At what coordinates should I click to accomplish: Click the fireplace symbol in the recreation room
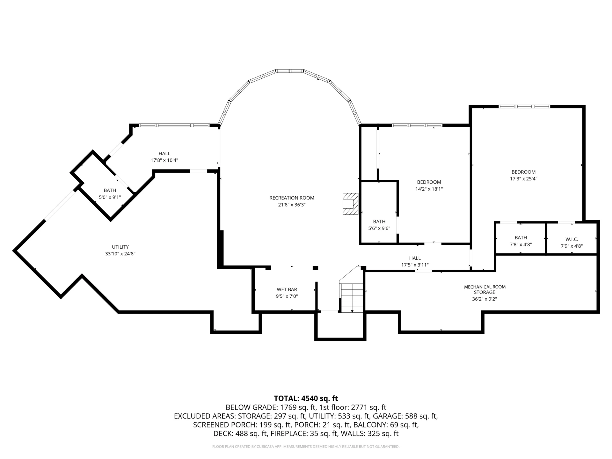pyautogui.click(x=350, y=204)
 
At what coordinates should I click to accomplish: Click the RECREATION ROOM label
pyautogui.click(x=292, y=198)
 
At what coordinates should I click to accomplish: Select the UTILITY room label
pyautogui.click(x=120, y=247)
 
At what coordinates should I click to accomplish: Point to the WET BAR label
pyautogui.click(x=287, y=289)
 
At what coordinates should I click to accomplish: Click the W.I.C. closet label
pyautogui.click(x=572, y=239)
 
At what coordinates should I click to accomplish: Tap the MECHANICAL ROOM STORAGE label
pyautogui.click(x=485, y=289)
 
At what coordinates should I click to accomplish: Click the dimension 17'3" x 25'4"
pyautogui.click(x=523, y=179)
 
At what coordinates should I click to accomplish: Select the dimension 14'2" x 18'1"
pyautogui.click(x=429, y=189)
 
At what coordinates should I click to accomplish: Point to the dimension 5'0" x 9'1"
pyautogui.click(x=110, y=197)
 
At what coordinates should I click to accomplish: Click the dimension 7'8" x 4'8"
pyautogui.click(x=521, y=244)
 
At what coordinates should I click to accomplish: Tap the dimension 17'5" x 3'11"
pyautogui.click(x=415, y=265)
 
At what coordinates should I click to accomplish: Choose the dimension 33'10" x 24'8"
pyautogui.click(x=120, y=254)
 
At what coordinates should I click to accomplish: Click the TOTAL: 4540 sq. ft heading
pyautogui.click(x=306, y=398)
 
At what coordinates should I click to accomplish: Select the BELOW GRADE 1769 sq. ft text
pyautogui.click(x=271, y=407)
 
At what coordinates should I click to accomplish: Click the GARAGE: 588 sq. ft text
pyautogui.click(x=405, y=416)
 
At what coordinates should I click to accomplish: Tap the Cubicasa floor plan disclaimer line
pyautogui.click(x=306, y=447)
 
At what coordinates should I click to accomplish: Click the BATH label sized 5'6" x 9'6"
pyautogui.click(x=379, y=222)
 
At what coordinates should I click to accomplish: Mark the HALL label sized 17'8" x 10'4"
pyautogui.click(x=164, y=154)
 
